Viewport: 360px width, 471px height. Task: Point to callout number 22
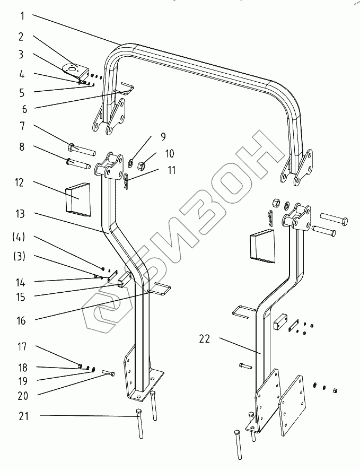(204, 339)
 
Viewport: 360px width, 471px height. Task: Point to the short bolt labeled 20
(107, 373)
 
